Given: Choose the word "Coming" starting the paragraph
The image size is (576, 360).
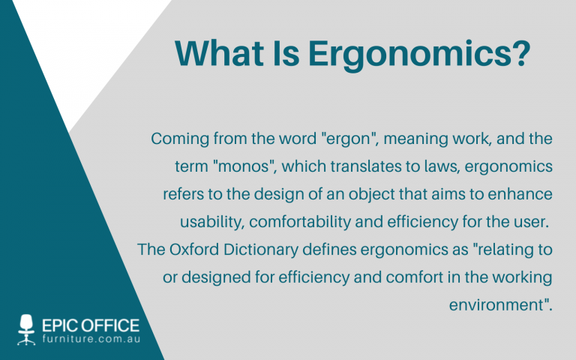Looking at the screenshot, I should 177,139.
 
